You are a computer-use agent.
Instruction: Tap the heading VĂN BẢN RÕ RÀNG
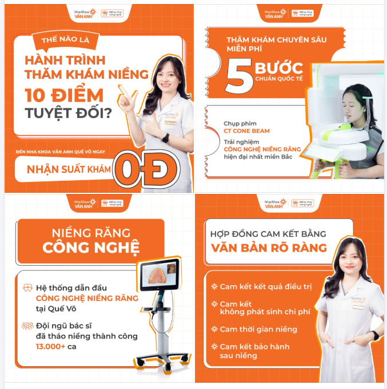(x=269, y=247)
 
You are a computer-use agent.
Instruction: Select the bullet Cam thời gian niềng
(x=258, y=329)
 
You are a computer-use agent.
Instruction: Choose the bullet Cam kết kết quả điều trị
(x=266, y=286)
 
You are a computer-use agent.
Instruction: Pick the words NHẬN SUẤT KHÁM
(x=69, y=169)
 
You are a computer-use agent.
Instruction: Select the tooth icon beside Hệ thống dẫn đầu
(x=26, y=288)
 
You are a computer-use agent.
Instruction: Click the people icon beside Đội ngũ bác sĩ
(x=26, y=326)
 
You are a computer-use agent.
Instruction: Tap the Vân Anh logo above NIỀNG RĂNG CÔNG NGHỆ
(x=83, y=203)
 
